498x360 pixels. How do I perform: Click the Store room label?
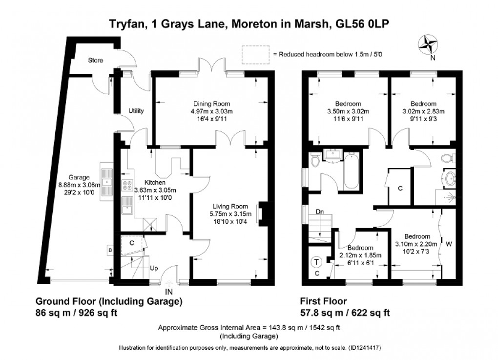pos(96,61)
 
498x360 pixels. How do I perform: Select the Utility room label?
pos(136,111)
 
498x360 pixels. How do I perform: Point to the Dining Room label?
pos(211,104)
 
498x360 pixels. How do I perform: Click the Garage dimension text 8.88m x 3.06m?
pos(78,185)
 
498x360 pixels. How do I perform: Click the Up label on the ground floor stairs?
pos(153,269)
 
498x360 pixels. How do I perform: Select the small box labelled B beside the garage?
pos(110,251)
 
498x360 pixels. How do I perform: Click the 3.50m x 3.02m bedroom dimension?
pos(348,111)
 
